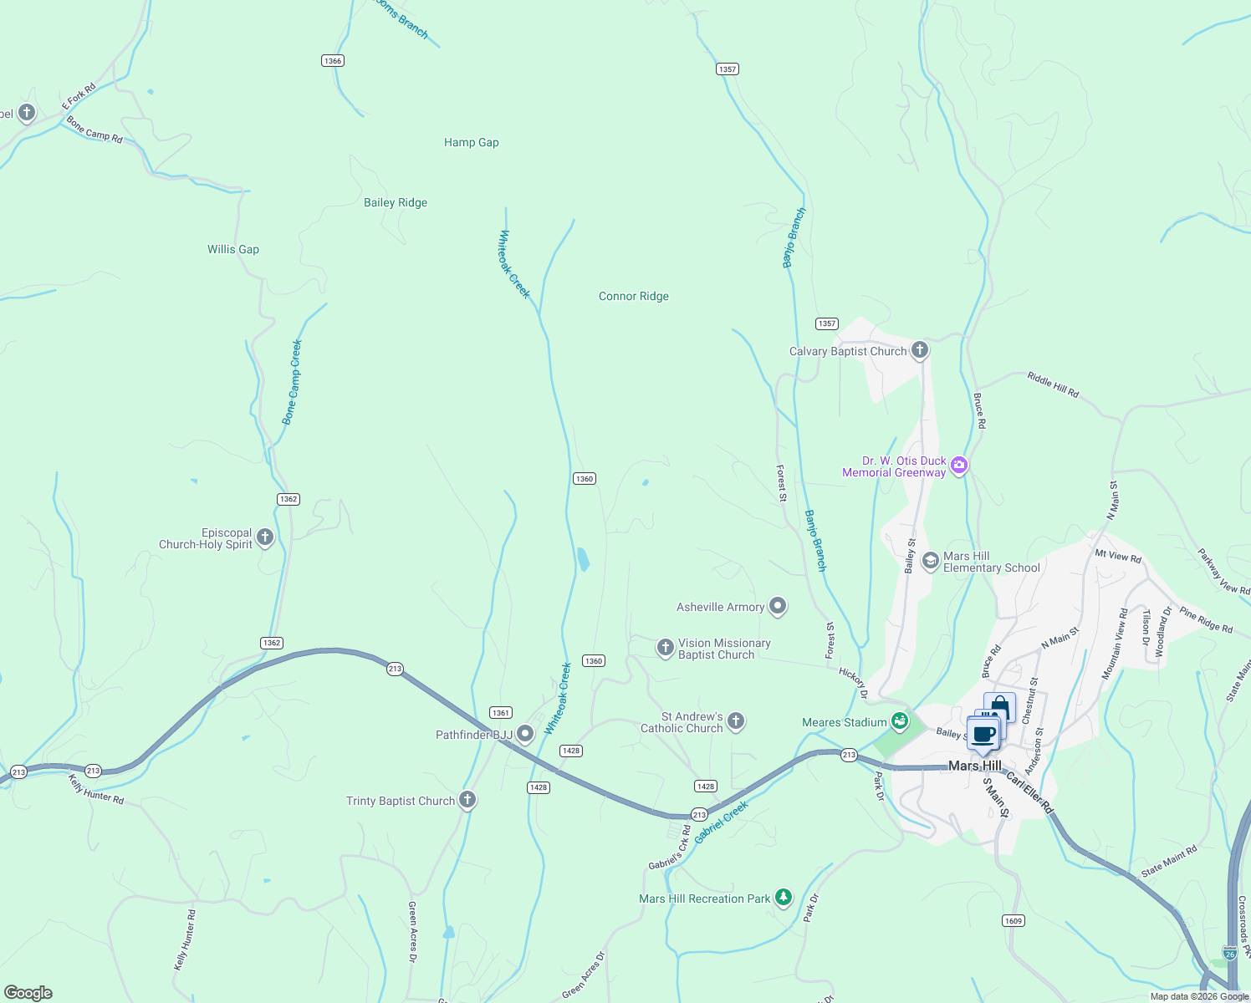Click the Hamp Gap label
[x=471, y=143]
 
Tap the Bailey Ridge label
[x=396, y=203]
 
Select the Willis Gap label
[x=233, y=250]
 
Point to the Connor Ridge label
[x=633, y=297]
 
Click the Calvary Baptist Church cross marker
[x=920, y=350]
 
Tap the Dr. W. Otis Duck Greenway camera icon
[x=959, y=465]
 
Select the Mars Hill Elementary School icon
[x=930, y=561]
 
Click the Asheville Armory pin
[x=778, y=606]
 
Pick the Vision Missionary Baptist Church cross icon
[x=665, y=648]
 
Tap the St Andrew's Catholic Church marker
[x=736, y=720]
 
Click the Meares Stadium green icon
[x=900, y=720]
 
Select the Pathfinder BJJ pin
[x=525, y=734]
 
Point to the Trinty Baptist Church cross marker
[x=467, y=800]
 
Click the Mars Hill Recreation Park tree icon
[x=783, y=898]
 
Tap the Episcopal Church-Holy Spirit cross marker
[x=265, y=537]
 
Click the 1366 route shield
[x=333, y=61]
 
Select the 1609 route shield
[x=1013, y=920]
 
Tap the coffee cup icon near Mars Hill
[x=984, y=735]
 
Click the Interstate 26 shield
[x=1229, y=953]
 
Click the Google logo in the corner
[x=28, y=993]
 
